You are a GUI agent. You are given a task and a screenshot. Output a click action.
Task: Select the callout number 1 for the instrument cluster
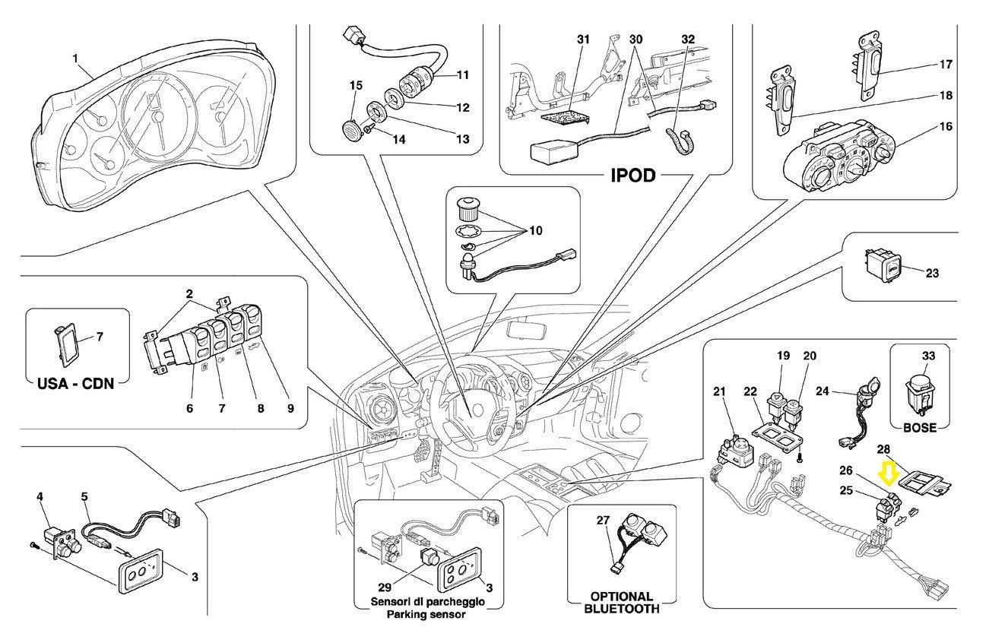[x=76, y=58]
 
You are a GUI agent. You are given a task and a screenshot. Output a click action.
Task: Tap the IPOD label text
[x=633, y=176]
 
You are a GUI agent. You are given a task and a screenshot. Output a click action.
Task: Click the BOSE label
[x=919, y=428]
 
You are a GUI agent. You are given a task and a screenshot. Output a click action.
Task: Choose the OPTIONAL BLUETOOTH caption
[x=622, y=603]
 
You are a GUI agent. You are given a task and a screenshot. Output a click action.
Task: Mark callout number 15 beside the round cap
[x=355, y=85]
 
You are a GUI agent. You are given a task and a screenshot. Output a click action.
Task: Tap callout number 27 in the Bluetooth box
[x=604, y=521]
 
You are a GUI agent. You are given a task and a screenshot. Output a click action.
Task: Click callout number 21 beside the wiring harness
[x=719, y=391]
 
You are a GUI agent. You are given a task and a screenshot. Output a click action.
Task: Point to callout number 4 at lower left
[x=39, y=497]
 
